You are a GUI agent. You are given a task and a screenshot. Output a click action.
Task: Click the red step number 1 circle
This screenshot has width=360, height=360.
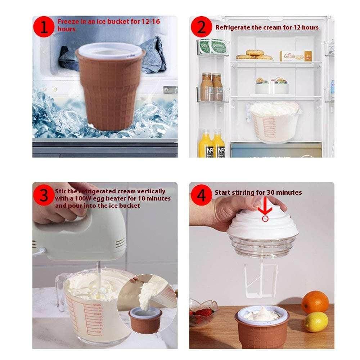pos(44,28)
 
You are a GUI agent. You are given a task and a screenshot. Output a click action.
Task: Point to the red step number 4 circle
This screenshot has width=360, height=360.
pos(202,195)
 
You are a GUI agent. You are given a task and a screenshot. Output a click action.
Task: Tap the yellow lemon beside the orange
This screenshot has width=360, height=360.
pos(316,321)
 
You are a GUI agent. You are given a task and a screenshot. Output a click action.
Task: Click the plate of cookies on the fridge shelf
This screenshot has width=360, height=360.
pos(254,55)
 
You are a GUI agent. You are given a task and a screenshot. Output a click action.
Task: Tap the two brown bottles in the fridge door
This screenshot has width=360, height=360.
pos(212,86)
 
